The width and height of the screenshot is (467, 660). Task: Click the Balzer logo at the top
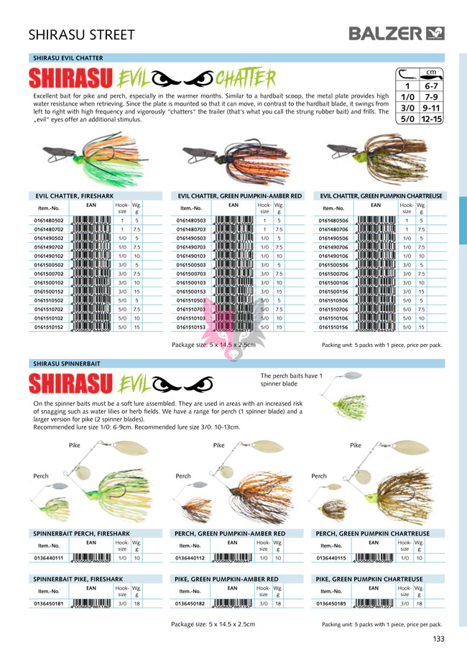pos(396,32)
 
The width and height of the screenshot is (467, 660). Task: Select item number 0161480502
pos(50,220)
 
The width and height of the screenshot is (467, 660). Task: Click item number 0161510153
pos(191,326)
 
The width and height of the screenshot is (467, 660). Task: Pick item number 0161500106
pos(333,282)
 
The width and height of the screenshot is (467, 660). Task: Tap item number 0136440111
pos(50,557)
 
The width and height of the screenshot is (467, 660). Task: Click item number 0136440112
pos(190,557)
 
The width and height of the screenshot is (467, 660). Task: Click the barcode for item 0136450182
pos(234,605)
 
